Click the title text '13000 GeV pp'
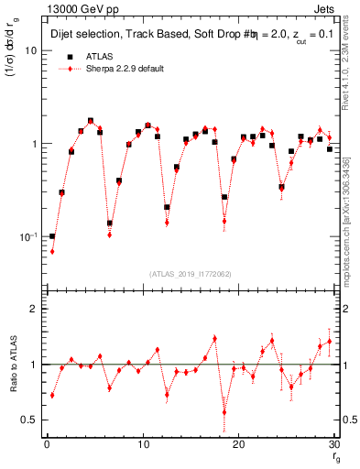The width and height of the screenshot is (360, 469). click(x=75, y=7)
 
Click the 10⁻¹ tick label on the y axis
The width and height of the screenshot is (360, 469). click(x=27, y=236)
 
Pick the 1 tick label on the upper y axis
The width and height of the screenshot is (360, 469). click(x=35, y=144)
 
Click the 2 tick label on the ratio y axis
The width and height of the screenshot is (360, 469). click(x=35, y=309)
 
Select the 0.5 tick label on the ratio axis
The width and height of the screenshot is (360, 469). click(x=31, y=420)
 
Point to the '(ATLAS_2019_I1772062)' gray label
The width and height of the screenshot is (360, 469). click(x=190, y=273)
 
